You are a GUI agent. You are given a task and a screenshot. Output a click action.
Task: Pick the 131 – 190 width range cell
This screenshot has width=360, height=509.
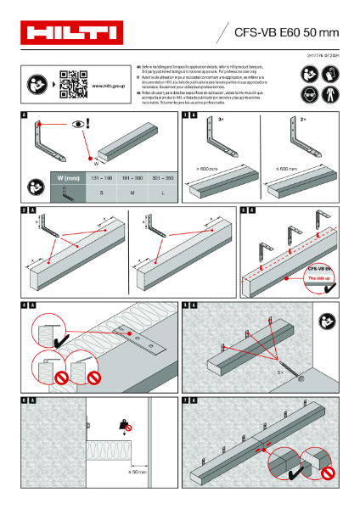click(x=101, y=179)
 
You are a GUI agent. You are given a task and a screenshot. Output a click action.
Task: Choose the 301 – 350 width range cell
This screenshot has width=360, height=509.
click(x=162, y=179)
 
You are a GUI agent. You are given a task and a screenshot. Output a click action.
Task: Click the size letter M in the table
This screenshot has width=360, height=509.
click(x=132, y=194)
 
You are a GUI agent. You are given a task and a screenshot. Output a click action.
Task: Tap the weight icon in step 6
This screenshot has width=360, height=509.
click(x=124, y=426)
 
